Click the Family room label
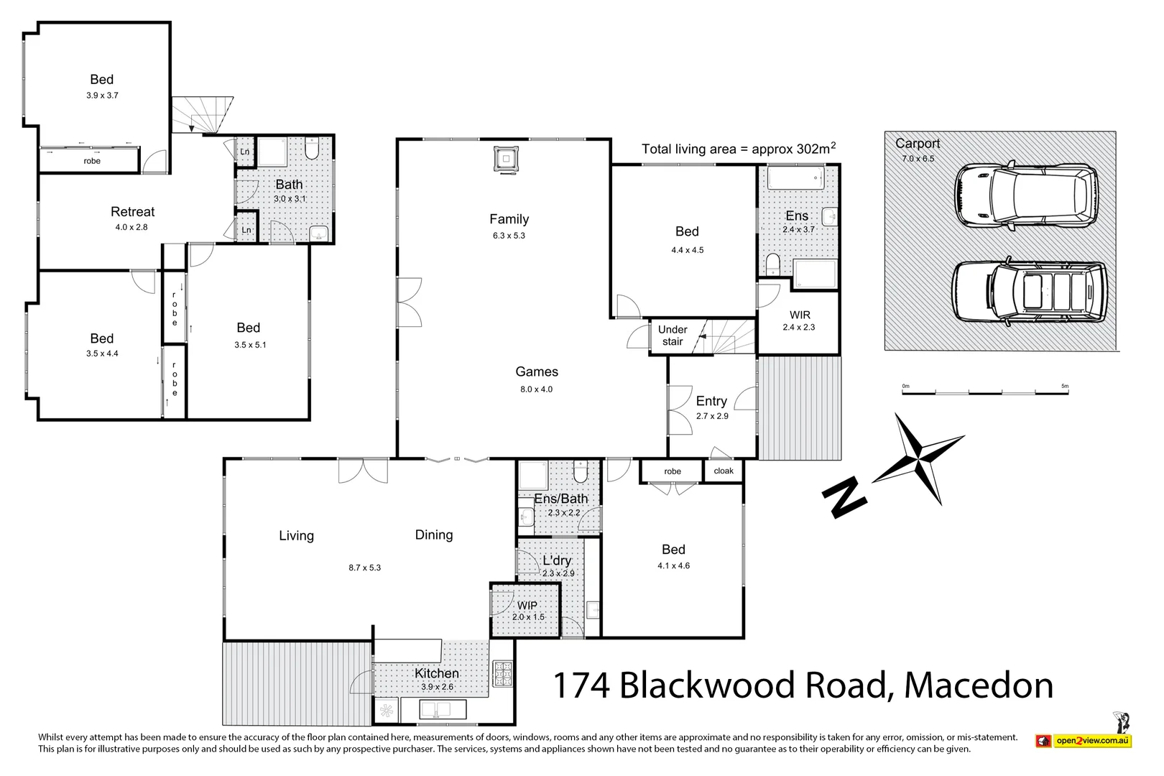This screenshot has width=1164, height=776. click(x=509, y=219)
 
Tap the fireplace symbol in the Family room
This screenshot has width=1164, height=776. click(x=505, y=159)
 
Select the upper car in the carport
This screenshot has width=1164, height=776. click(x=1025, y=196)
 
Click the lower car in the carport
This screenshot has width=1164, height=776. click(x=1029, y=291)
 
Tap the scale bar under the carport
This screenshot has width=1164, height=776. click(x=985, y=392)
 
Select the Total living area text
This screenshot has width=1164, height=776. click(x=738, y=149)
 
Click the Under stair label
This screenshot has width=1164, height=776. click(x=673, y=336)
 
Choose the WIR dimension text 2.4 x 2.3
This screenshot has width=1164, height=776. click(x=798, y=327)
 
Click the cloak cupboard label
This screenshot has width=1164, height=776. click(x=724, y=471)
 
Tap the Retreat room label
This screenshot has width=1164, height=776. click(x=132, y=212)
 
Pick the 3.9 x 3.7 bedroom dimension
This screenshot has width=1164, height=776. click(x=102, y=95)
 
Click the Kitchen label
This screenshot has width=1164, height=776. click(x=436, y=673)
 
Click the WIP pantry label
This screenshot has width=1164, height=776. click(x=527, y=606)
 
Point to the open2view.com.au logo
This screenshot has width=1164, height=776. click(x=1084, y=740)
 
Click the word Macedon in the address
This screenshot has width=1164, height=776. click(x=979, y=685)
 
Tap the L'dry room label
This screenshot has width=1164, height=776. click(x=557, y=560)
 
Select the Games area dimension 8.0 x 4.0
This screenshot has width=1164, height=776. click(x=536, y=389)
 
